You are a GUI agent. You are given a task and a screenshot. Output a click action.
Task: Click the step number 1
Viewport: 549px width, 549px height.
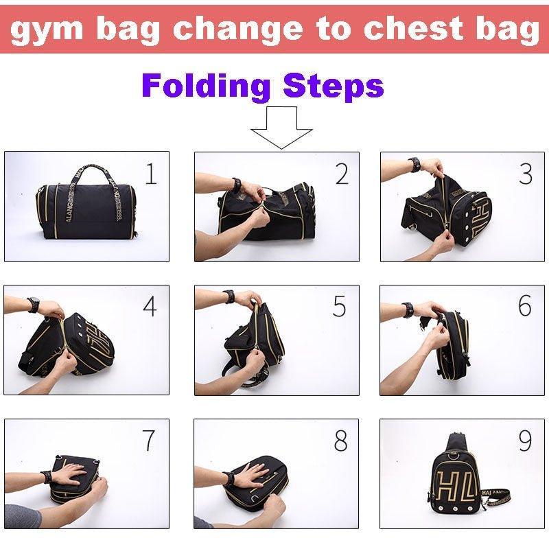tap(151, 175)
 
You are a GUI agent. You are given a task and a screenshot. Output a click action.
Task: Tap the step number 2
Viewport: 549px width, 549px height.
tap(341, 175)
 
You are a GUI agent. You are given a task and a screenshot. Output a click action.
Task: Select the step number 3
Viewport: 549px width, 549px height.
tap(526, 174)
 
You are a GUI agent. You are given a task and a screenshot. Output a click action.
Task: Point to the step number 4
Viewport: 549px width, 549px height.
tap(150, 307)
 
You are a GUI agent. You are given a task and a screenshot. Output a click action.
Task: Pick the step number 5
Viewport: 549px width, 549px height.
tap(340, 307)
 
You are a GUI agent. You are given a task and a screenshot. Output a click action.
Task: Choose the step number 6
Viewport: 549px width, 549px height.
tap(525, 307)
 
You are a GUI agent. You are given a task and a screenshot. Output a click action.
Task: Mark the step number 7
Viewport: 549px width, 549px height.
tap(149, 441)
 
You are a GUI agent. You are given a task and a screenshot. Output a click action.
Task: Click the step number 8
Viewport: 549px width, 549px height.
tap(340, 441)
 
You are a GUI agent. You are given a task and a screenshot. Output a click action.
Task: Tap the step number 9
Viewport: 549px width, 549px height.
tap(525, 441)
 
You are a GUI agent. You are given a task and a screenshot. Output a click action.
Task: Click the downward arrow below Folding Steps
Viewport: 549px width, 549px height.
tap(282, 126)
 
